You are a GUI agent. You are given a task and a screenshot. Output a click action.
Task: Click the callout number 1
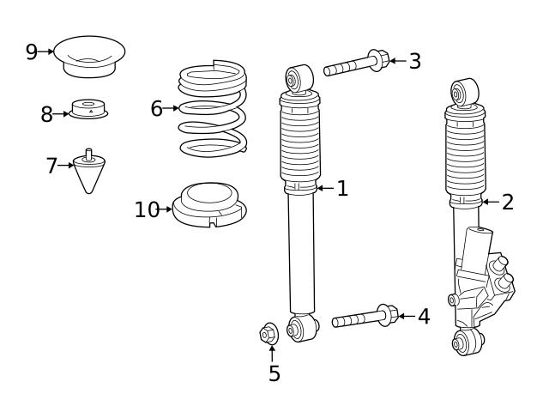(342, 189)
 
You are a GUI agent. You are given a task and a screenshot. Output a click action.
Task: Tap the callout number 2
(507, 203)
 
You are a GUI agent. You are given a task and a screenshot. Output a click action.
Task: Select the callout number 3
(414, 61)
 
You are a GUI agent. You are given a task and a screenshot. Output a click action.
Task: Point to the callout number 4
(423, 317)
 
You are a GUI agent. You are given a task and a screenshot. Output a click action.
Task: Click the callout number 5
(274, 373)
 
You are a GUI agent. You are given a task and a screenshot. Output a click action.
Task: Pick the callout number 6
(156, 108)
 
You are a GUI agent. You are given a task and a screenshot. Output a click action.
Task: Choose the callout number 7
(51, 165)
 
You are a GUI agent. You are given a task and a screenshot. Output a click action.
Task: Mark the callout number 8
(46, 114)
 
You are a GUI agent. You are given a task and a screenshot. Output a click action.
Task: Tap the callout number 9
(32, 52)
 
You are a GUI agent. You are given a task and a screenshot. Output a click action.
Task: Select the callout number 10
(147, 209)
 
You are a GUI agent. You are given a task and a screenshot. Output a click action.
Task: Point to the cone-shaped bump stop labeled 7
(89, 172)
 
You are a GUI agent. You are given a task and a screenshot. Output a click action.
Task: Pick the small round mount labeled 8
(87, 110)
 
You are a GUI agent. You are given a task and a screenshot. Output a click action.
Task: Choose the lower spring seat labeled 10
(210, 206)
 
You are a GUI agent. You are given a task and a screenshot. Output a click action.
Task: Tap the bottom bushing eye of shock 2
(466, 344)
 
